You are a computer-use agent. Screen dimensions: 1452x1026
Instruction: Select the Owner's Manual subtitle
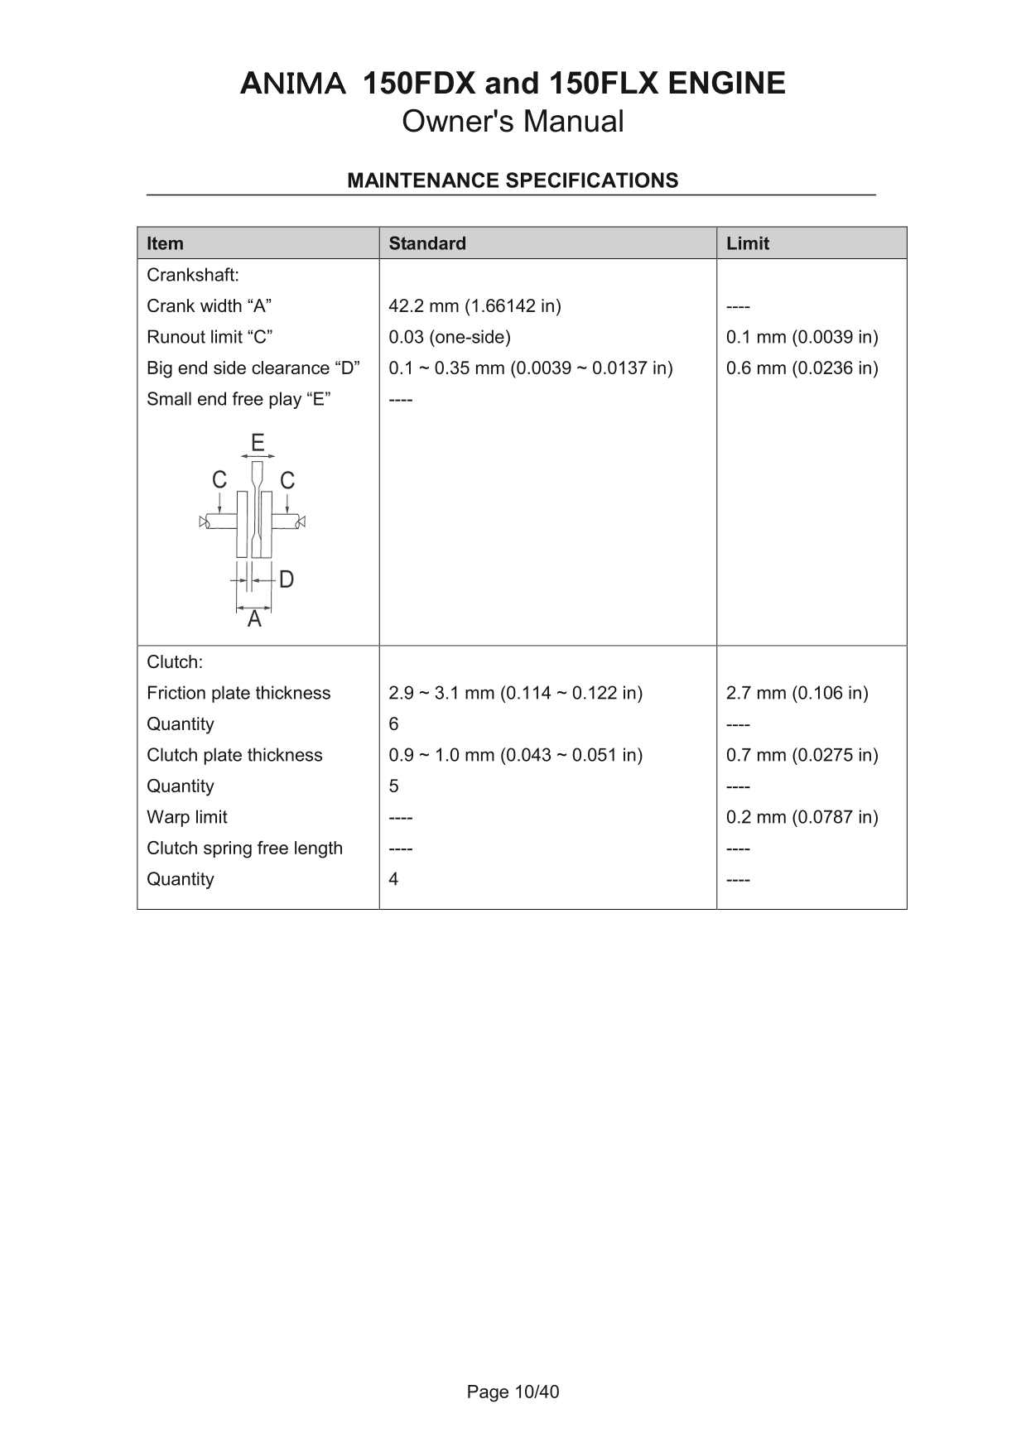tap(513, 122)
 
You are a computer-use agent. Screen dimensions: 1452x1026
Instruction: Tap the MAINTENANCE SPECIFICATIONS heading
tap(513, 180)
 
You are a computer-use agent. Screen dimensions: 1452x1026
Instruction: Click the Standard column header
tap(427, 243)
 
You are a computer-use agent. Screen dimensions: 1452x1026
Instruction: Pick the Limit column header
tap(748, 243)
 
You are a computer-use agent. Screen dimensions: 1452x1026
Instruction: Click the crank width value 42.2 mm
tap(474, 306)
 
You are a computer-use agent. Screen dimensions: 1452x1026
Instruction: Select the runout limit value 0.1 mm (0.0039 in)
tap(802, 337)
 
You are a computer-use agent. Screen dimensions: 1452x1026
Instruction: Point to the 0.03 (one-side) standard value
tap(450, 337)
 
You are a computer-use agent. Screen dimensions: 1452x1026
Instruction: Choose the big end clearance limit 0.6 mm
tap(802, 368)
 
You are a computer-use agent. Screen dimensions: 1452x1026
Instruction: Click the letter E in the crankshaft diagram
tap(258, 443)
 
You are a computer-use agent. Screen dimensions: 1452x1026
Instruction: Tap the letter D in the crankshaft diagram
tap(287, 579)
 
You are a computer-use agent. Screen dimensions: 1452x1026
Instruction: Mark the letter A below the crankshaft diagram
tap(254, 619)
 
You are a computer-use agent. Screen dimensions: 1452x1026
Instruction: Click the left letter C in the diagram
tap(219, 480)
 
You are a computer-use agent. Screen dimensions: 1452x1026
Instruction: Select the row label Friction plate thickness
tap(238, 694)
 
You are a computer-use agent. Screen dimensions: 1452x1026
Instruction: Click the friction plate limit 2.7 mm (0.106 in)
tap(797, 694)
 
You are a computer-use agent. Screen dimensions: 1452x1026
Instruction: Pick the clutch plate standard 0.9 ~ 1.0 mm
tap(515, 755)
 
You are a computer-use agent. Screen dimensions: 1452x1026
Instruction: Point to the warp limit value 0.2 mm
tap(802, 817)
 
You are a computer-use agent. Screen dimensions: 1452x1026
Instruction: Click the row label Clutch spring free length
tap(244, 849)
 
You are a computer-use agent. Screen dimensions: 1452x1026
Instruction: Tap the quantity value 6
tap(393, 724)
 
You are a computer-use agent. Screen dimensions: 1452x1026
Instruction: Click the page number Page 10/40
tap(513, 1392)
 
